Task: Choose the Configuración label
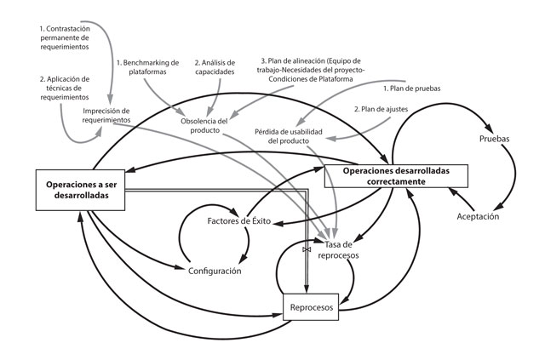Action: click(x=215, y=271)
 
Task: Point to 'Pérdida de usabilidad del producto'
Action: click(x=291, y=136)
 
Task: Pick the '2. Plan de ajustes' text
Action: click(x=384, y=108)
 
